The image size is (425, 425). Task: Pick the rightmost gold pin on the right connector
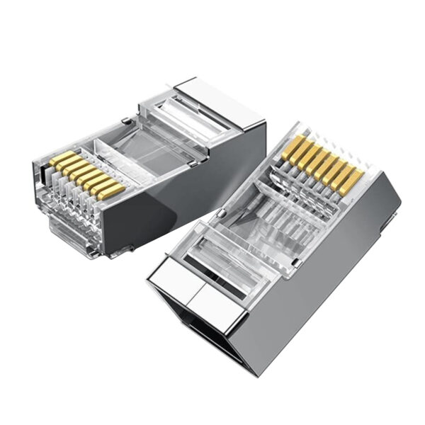(x=351, y=181)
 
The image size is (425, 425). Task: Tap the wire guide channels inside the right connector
(x=297, y=212)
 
